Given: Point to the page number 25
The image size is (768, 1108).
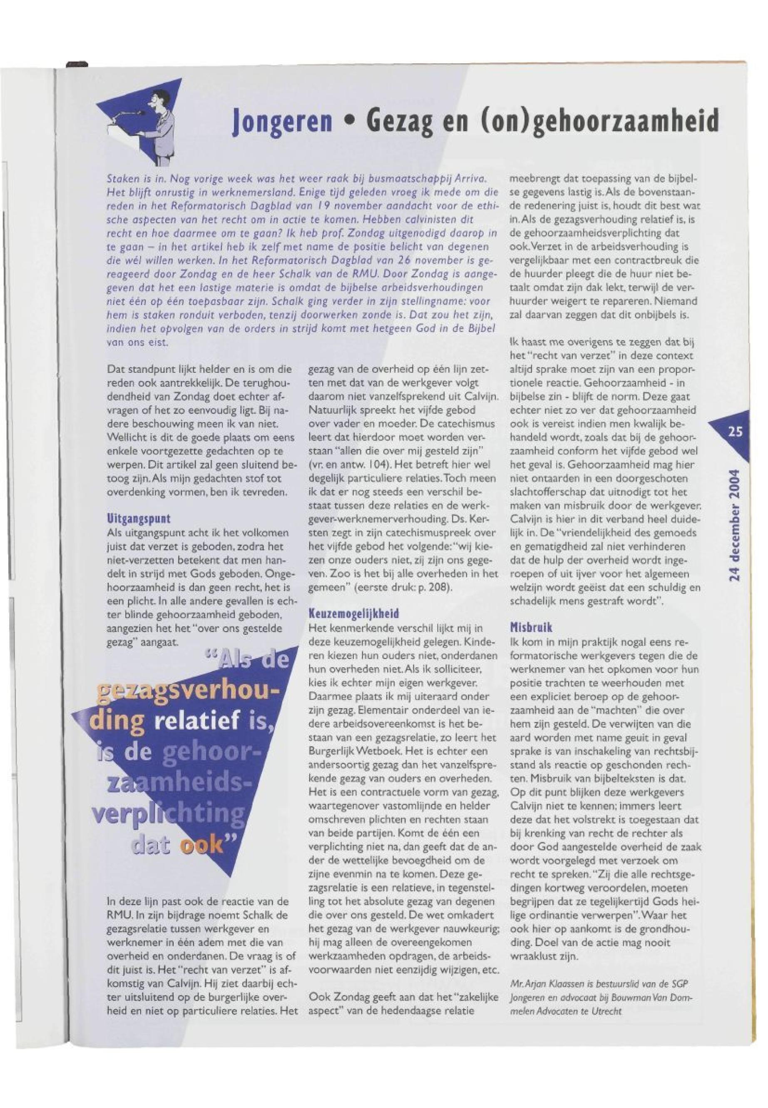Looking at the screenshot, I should tap(735, 432).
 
